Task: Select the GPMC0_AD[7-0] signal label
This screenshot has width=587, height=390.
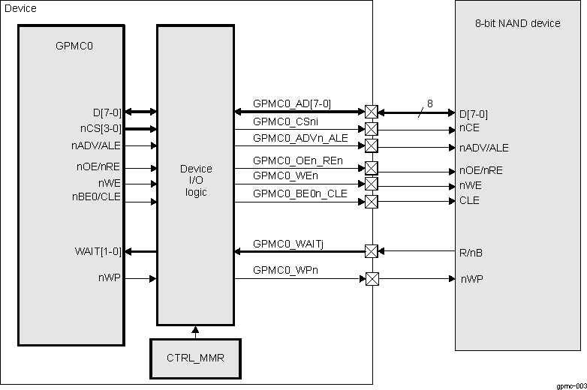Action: point(292,104)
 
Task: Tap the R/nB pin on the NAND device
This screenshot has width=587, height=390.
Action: point(471,253)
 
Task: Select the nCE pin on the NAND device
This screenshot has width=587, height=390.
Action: point(469,128)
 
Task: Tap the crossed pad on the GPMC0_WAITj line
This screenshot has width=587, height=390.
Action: point(372,251)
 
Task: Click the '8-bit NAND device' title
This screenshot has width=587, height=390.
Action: point(518,23)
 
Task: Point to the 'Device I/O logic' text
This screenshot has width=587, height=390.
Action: point(196,180)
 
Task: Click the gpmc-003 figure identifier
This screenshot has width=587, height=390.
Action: point(570,385)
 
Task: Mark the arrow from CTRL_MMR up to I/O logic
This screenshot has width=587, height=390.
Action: point(194,331)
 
